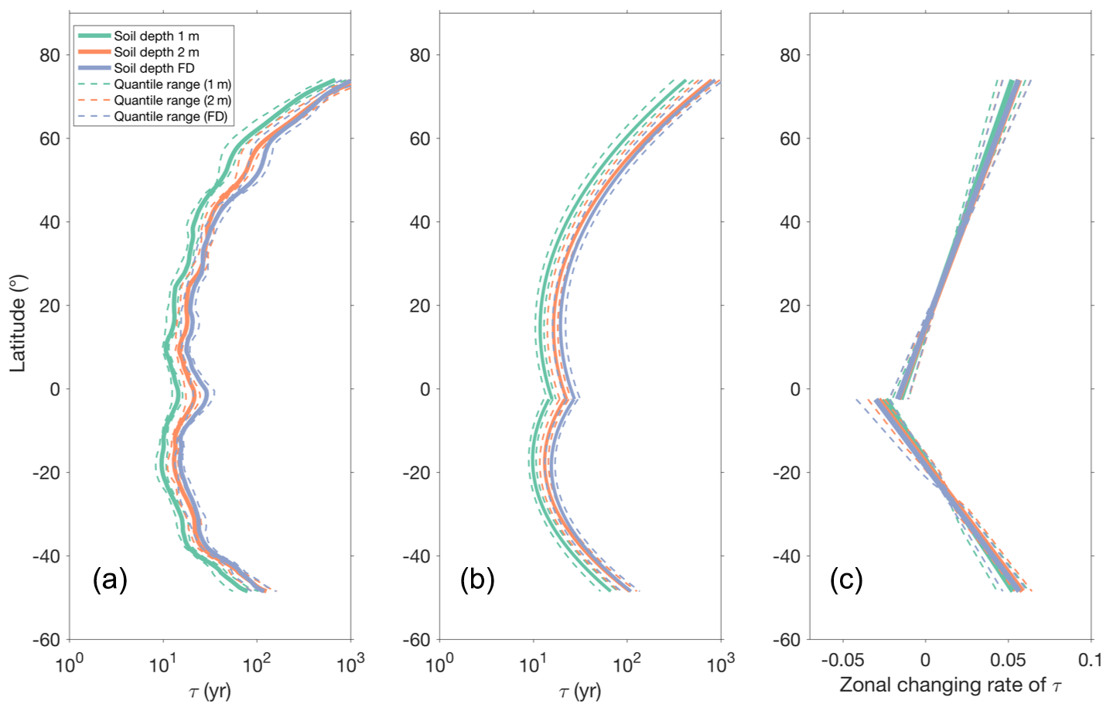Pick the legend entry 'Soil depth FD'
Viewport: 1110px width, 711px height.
pyautogui.click(x=154, y=68)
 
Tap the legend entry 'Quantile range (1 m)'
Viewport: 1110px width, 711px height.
pyautogui.click(x=172, y=84)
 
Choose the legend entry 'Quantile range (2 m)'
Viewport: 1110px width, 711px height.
pyautogui.click(x=172, y=101)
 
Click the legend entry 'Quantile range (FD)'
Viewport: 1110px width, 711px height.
pyautogui.click(x=171, y=117)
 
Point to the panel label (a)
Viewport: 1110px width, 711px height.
pyautogui.click(x=110, y=579)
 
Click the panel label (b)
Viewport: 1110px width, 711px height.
pyautogui.click(x=477, y=579)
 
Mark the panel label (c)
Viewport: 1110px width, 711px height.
pyautogui.click(x=846, y=579)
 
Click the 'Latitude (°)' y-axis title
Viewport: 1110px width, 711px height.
pyautogui.click(x=18, y=323)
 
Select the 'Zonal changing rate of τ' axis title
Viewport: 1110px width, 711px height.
pyautogui.click(x=951, y=685)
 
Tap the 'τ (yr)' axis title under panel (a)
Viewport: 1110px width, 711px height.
pyautogui.click(x=210, y=691)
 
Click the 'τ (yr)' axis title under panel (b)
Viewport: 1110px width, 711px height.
pyautogui.click(x=580, y=691)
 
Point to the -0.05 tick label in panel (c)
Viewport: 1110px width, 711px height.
pyautogui.click(x=842, y=661)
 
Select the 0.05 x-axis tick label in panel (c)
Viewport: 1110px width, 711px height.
pyautogui.click(x=1008, y=661)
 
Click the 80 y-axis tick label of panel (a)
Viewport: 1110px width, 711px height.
pyautogui.click(x=50, y=56)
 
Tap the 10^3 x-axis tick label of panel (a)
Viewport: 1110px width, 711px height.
pyautogui.click(x=350, y=663)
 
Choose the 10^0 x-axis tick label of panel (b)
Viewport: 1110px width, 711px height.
pyautogui.click(x=440, y=663)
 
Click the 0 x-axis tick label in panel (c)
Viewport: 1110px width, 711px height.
pyautogui.click(x=925, y=661)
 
